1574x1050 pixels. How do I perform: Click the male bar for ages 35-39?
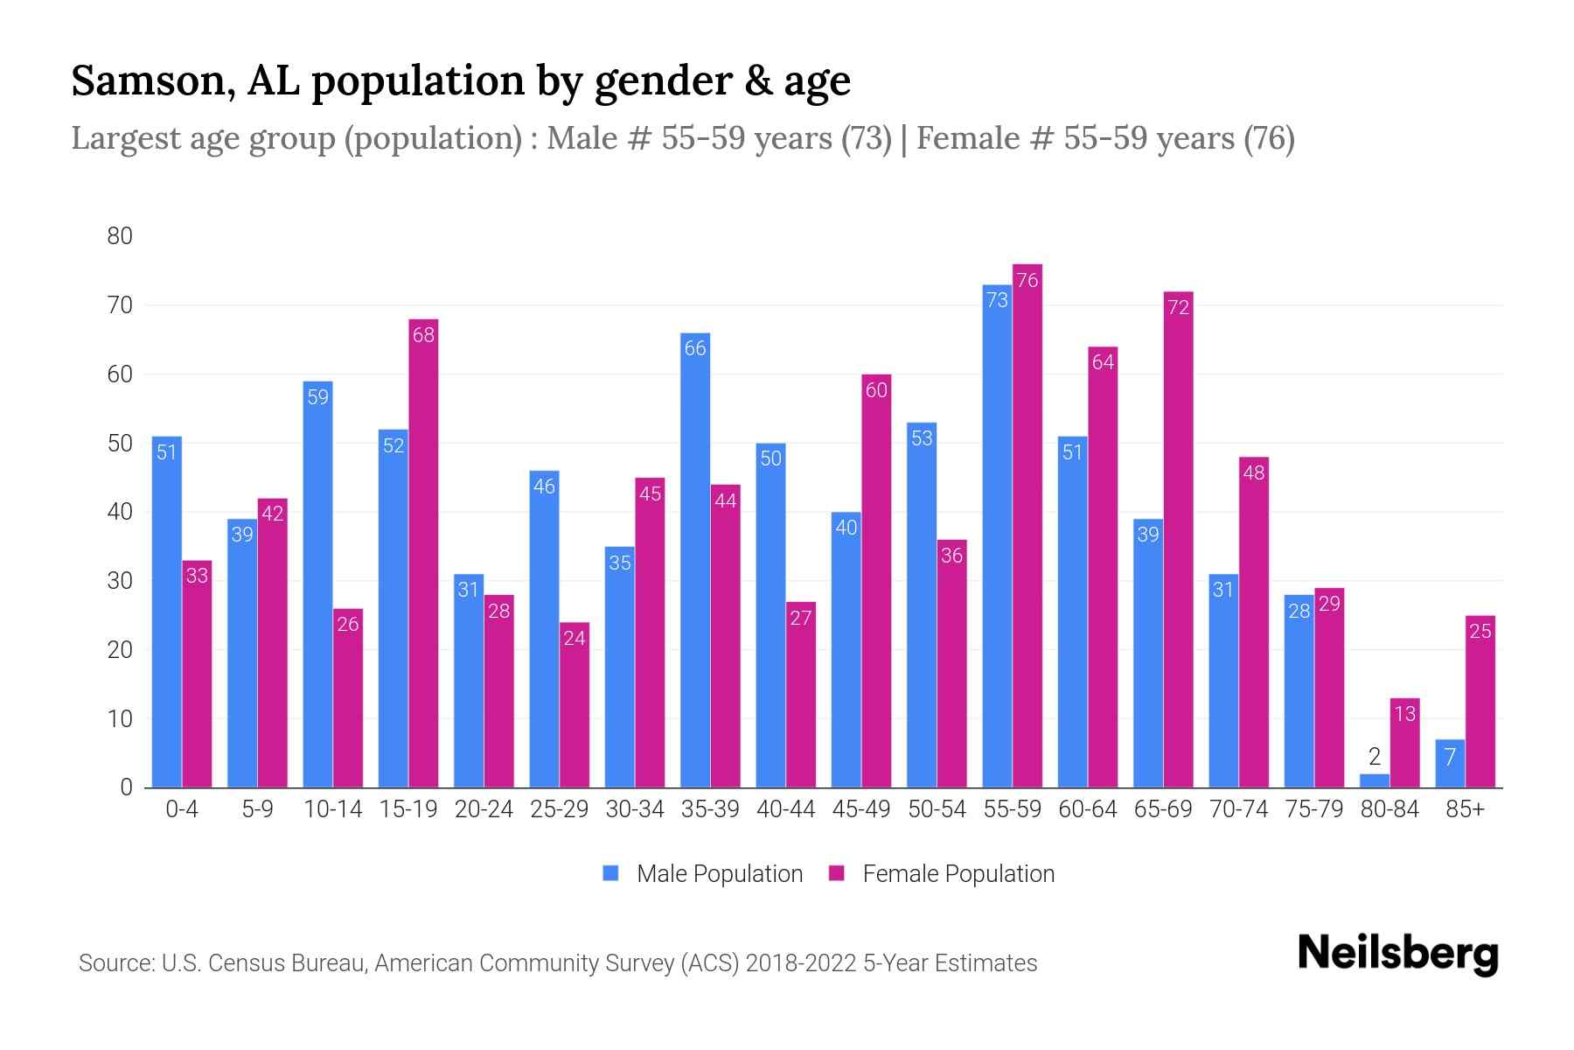695,560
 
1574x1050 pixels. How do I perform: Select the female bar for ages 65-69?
1179,542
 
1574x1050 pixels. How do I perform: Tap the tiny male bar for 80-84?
1374,780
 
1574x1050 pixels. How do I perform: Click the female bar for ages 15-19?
423,551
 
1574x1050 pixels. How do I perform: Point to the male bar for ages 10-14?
317,586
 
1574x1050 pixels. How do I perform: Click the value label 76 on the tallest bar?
1027,280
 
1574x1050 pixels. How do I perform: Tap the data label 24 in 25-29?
575,638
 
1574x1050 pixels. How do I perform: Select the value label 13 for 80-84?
1404,714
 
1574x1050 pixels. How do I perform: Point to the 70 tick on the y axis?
120,305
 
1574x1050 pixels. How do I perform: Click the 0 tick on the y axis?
127,787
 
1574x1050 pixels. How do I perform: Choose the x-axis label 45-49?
860,809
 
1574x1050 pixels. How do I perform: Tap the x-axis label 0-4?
182,809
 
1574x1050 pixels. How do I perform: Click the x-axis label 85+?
1465,809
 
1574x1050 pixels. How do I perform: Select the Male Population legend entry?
719,873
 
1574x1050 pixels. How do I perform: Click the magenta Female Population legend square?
838,873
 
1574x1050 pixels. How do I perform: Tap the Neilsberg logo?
1397,954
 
